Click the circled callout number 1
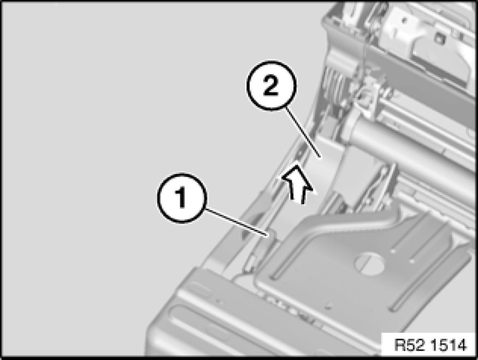point(182,198)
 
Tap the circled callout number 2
point(271,86)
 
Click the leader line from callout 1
point(236,222)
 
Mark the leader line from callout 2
point(303,132)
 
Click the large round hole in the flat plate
point(369,261)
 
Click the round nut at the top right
point(439,38)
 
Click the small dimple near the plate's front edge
point(328,306)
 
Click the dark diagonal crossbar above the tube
point(424,76)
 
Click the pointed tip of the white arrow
point(296,166)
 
